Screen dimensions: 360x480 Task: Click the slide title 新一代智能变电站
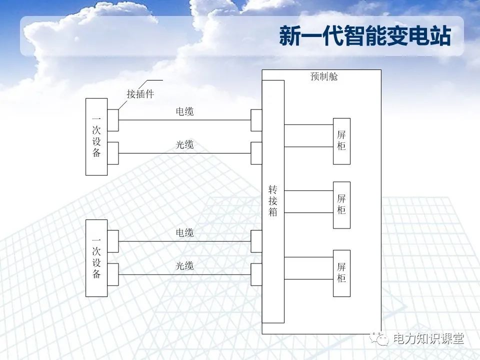(365, 37)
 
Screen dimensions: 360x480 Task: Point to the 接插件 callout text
(140, 94)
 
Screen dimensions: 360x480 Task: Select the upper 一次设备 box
(96, 136)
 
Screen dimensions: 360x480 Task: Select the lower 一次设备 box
(96, 258)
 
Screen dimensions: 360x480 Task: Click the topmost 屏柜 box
(341, 141)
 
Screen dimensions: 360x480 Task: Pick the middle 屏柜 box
(341, 204)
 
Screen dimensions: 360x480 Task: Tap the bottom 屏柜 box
(341, 273)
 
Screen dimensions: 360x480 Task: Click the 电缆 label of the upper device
(184, 112)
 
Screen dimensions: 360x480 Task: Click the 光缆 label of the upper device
(184, 145)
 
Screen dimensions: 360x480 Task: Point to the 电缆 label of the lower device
(184, 233)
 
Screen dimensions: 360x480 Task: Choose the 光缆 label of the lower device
(184, 266)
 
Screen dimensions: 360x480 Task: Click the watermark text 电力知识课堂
(429, 339)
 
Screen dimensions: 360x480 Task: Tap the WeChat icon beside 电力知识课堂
(382, 339)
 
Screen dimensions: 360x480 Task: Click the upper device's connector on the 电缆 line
(113, 120)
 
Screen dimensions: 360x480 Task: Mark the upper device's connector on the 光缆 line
(113, 153)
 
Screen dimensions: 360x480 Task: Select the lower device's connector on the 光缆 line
(113, 274)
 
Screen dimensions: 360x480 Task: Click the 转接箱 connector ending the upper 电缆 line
(256, 120)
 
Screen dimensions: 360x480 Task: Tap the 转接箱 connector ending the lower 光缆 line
(256, 274)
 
